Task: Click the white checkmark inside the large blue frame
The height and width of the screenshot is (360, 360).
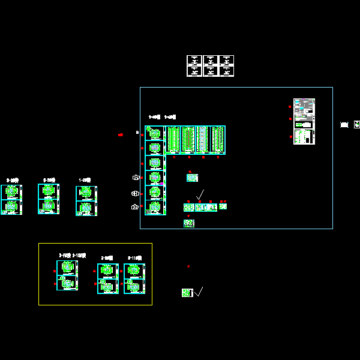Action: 200,194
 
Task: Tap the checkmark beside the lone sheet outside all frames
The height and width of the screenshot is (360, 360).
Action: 199,292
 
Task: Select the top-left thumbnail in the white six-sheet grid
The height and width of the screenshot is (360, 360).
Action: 194,60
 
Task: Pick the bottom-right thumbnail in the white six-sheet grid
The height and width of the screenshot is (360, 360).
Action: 226,71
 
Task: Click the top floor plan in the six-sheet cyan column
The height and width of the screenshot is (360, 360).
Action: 155,133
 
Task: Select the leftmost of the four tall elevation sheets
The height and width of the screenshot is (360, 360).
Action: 174,140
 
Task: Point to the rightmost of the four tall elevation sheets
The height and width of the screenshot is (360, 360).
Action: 217,140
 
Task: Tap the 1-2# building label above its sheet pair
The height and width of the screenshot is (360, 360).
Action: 85,180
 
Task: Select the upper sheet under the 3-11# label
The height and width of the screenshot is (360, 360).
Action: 134,271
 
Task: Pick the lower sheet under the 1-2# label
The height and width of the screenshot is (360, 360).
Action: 86,208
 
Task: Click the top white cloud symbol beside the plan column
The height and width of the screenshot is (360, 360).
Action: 136,177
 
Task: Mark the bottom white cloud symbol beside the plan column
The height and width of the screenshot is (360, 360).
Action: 135,207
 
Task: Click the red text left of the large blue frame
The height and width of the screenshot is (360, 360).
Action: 121,135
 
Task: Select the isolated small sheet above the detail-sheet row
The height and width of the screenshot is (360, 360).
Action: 192,178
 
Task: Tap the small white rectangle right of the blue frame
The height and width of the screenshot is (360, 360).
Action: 344,125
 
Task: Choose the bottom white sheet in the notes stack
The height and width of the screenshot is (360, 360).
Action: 304,137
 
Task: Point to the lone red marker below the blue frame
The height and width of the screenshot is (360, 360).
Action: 188,266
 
